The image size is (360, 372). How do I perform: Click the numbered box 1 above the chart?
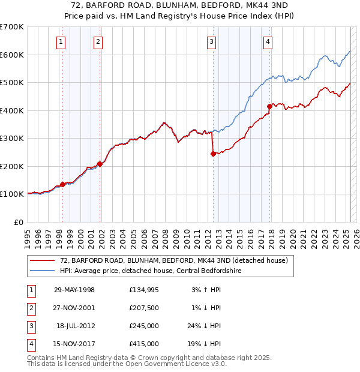pyautogui.click(x=62, y=41)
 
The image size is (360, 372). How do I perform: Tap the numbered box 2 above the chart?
pyautogui.click(x=98, y=41)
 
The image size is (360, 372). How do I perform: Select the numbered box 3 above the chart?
pyautogui.click(x=212, y=41)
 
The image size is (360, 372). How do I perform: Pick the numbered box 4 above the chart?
pyautogui.click(x=268, y=41)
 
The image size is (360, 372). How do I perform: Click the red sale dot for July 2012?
pyautogui.click(x=213, y=154)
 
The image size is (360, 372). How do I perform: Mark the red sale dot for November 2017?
pyautogui.click(x=269, y=106)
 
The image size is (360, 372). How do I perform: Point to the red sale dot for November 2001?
pyautogui.click(x=100, y=164)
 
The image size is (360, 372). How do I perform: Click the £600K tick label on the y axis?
pyautogui.click(x=12, y=55)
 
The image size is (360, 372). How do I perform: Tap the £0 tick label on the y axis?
pyautogui.click(x=19, y=222)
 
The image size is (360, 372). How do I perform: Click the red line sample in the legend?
pyautogui.click(x=42, y=260)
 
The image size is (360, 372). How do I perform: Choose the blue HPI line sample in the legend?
pyautogui.click(x=42, y=271)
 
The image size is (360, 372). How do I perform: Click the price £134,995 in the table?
pyautogui.click(x=144, y=290)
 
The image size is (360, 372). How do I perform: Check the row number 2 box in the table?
pyautogui.click(x=31, y=308)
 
